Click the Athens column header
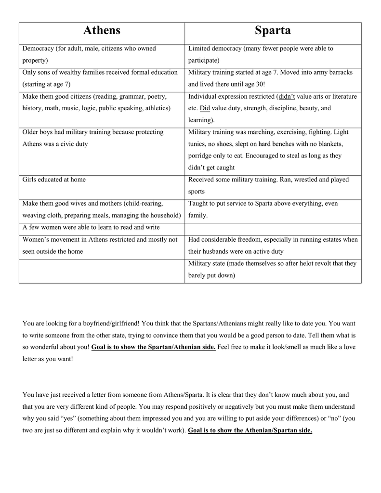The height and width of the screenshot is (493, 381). point(102,31)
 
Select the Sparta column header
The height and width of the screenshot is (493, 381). point(273,31)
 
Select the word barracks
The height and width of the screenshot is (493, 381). point(339,72)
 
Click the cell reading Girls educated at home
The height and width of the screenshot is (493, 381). point(54,180)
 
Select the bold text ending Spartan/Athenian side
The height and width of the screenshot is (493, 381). point(153,347)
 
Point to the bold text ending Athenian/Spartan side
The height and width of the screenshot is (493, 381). point(250,431)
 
